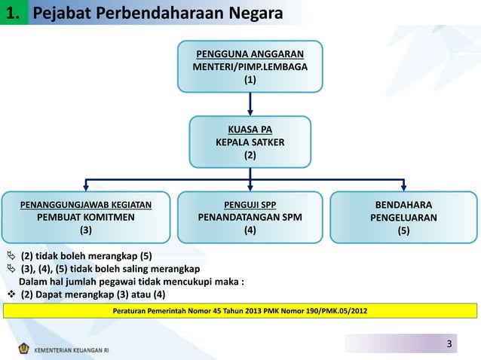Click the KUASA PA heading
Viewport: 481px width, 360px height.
tap(250, 129)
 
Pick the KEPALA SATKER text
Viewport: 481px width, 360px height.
tap(250, 142)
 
